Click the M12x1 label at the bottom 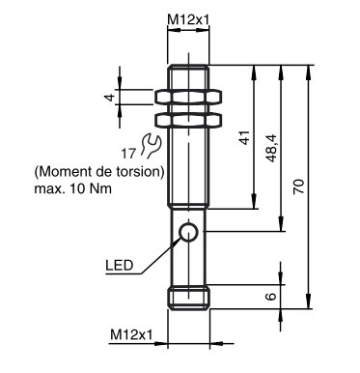(131, 334)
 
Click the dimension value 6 (271, 297)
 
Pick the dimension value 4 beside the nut (110, 98)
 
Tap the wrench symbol (148, 146)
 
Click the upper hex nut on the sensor (190, 99)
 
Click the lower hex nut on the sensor (190, 122)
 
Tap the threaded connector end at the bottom (190, 297)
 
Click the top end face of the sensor (190, 66)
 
